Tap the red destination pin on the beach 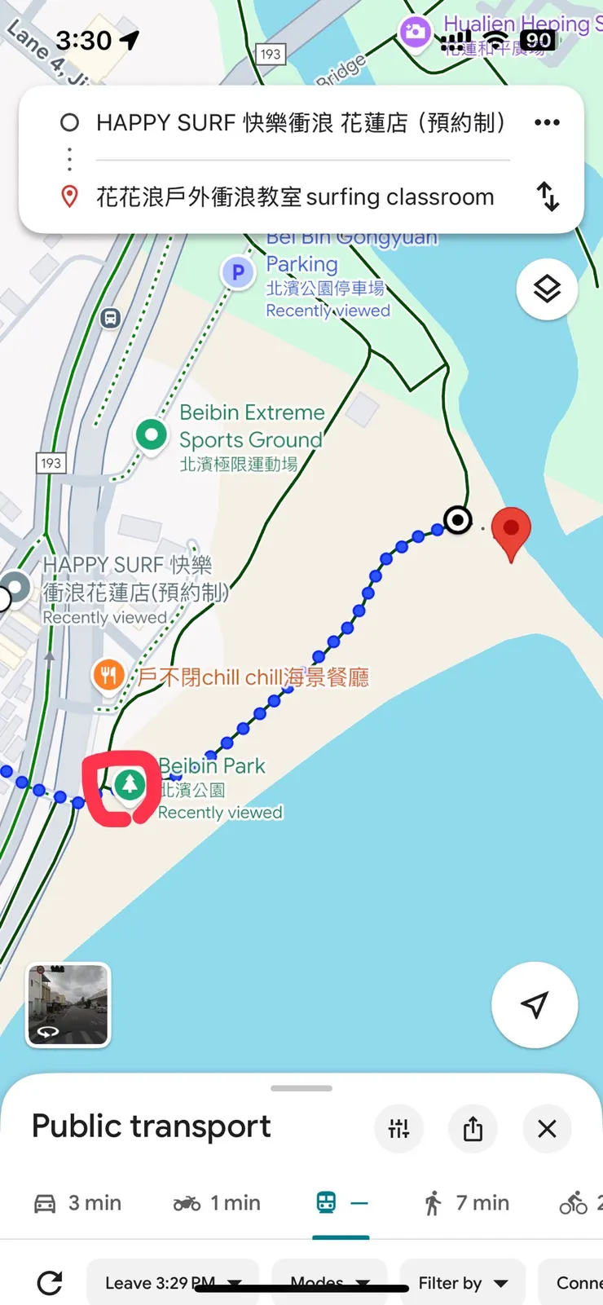[x=511, y=528]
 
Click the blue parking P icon [x=238, y=272]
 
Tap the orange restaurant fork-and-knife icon [x=108, y=675]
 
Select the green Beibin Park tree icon [x=129, y=785]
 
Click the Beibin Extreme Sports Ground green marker [x=151, y=434]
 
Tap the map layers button [x=547, y=289]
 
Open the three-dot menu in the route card [x=547, y=122]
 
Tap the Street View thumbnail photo [x=68, y=1004]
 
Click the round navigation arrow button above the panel [x=535, y=1004]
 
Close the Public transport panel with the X [x=547, y=1128]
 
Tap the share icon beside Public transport [x=473, y=1128]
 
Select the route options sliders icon [x=398, y=1128]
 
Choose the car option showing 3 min [x=78, y=1203]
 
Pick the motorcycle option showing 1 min [x=217, y=1203]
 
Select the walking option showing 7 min [x=466, y=1203]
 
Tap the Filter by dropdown [x=462, y=1283]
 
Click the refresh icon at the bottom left [x=50, y=1283]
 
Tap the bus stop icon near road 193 [x=111, y=318]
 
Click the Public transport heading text [x=152, y=1126]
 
